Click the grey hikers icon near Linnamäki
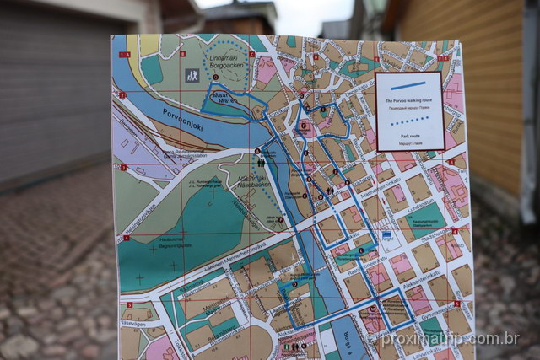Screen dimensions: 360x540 pyautogui.click(x=192, y=75)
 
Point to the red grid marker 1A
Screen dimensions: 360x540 pyautogui.click(x=124, y=55)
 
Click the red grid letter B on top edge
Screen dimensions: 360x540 pyautogui.click(x=181, y=54)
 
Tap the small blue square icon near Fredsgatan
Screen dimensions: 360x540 pyautogui.click(x=386, y=236)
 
